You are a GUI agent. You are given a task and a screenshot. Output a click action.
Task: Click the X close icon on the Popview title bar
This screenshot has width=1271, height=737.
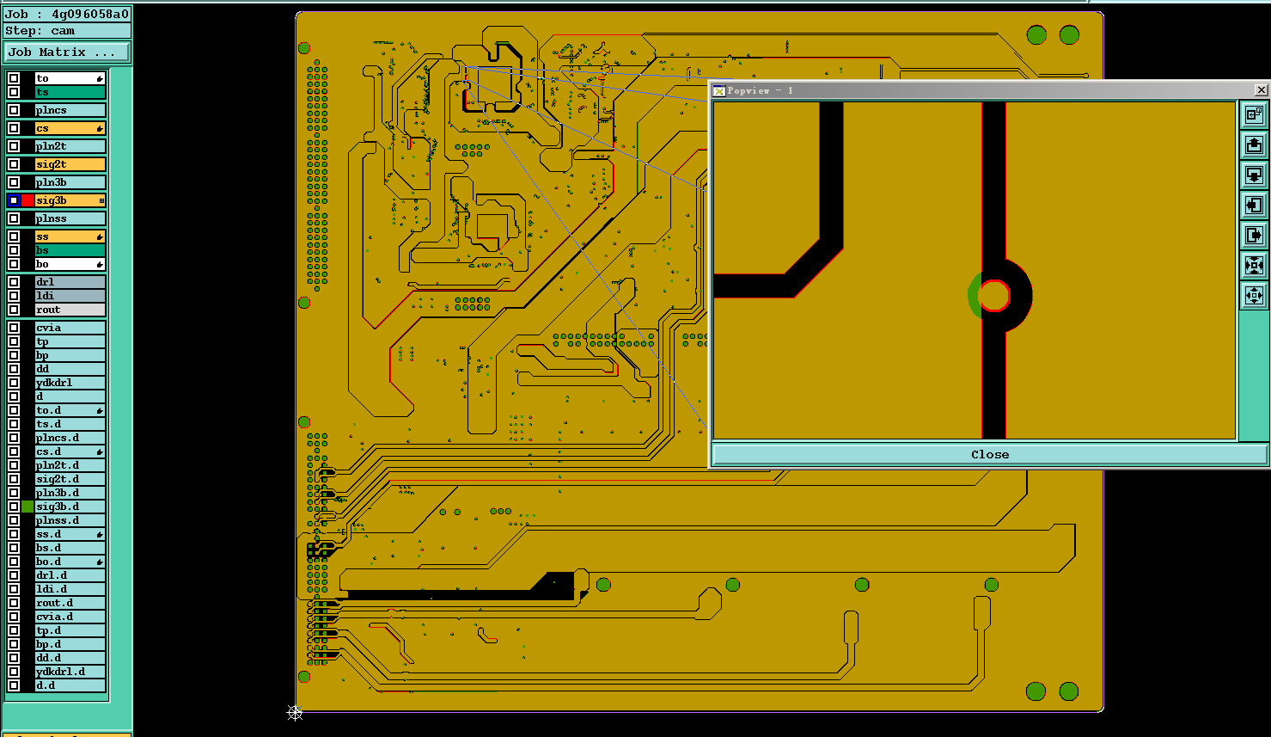coord(1261,90)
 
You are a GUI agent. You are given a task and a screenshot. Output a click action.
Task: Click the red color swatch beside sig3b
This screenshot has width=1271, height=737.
coord(27,200)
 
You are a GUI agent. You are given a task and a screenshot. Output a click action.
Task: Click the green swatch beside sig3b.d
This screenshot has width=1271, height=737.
coord(27,507)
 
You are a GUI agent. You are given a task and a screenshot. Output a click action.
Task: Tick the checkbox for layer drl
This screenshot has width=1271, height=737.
coord(15,281)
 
